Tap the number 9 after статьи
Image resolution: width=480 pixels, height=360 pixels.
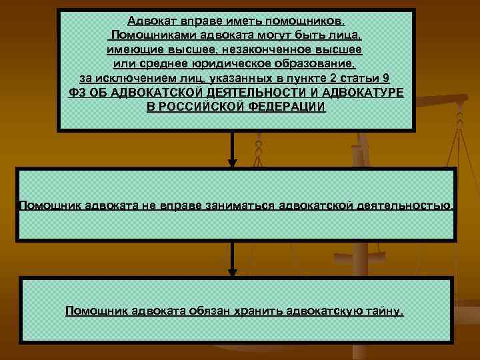point(387,78)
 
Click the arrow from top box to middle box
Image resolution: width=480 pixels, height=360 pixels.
point(233,150)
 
